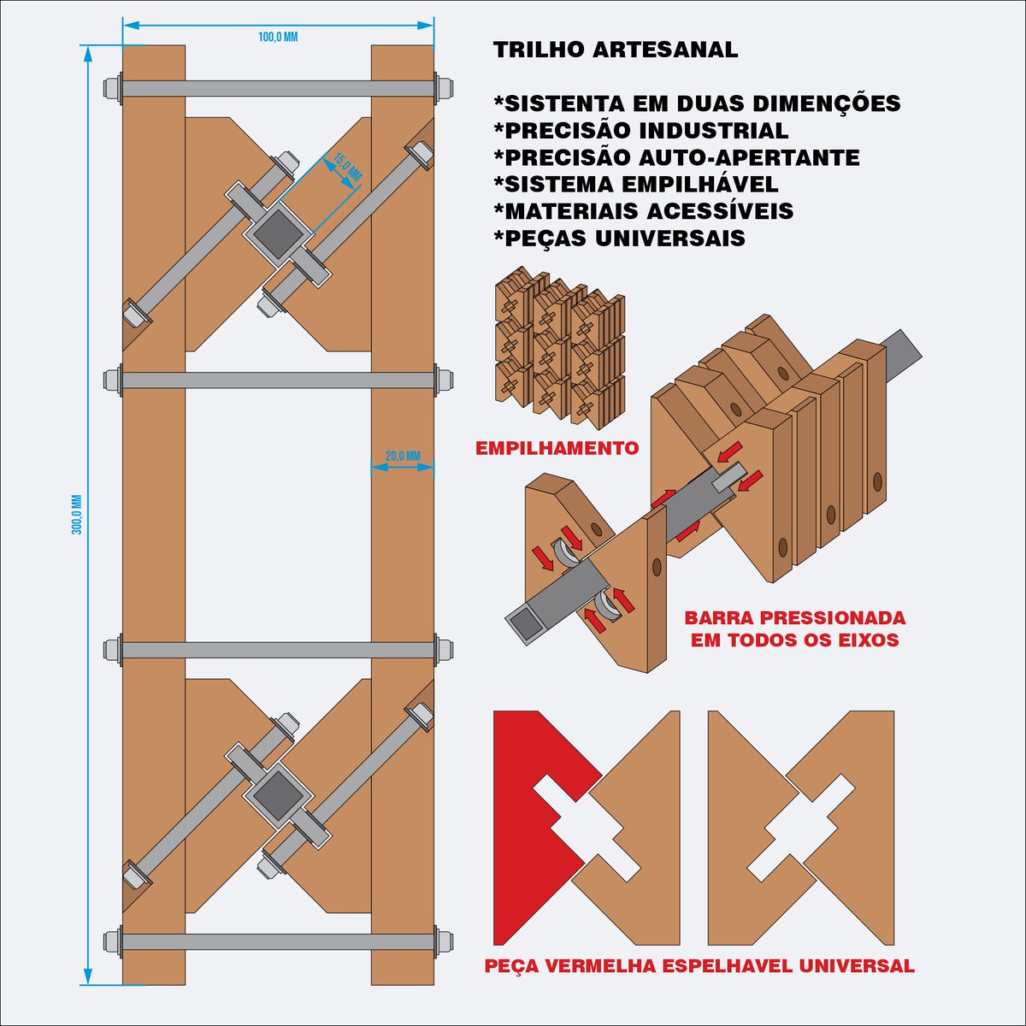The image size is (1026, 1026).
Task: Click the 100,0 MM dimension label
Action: [x=277, y=38]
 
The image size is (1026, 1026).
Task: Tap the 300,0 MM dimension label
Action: [x=77, y=515]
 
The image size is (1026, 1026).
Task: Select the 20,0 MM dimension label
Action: [x=403, y=457]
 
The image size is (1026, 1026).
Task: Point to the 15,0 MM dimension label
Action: [x=348, y=166]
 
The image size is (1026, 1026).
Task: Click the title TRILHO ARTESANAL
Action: [x=616, y=50]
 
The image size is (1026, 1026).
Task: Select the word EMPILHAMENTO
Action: [x=557, y=448]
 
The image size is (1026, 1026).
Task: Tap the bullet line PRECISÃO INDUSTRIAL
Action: [x=641, y=131]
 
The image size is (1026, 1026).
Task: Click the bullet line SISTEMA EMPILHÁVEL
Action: [x=636, y=184]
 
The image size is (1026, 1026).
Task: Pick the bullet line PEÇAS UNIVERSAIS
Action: [x=620, y=238]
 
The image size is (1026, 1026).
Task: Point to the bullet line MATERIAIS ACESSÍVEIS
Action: [x=644, y=211]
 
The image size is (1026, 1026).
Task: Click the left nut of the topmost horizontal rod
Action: [x=112, y=88]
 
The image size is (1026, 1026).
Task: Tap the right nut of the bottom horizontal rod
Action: [x=444, y=956]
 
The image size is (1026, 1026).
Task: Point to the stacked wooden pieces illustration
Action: [x=559, y=348]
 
